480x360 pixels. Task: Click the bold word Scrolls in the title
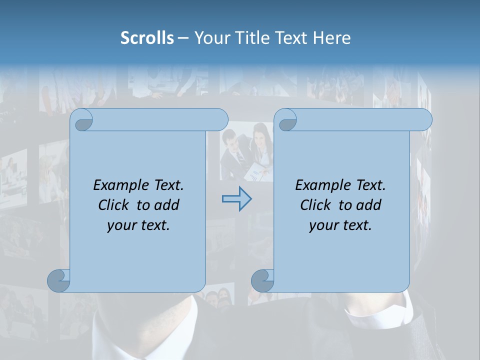pyautogui.click(x=147, y=38)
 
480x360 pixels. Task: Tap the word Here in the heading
pyautogui.click(x=332, y=38)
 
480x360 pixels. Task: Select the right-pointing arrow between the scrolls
pyautogui.click(x=236, y=199)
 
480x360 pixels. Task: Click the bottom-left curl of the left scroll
pyautogui.click(x=58, y=280)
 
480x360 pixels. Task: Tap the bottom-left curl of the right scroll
pyautogui.click(x=262, y=280)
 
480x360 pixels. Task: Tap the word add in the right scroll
pyautogui.click(x=369, y=205)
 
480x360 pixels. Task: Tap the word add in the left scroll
pyautogui.click(x=167, y=205)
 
